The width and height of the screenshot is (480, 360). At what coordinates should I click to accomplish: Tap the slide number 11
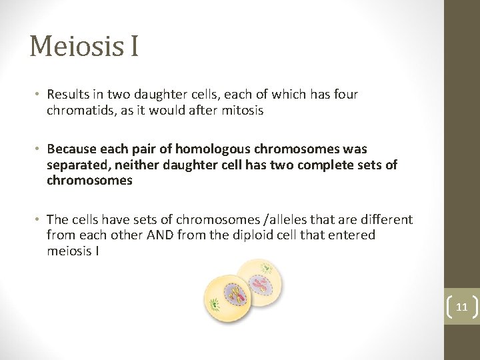pyautogui.click(x=461, y=307)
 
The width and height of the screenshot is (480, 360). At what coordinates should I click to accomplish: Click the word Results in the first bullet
pyautogui.click(x=67, y=95)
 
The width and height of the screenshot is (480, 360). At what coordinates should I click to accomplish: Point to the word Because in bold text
pyautogui.click(x=72, y=149)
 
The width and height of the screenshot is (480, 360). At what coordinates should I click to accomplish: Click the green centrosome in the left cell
pyautogui.click(x=214, y=306)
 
